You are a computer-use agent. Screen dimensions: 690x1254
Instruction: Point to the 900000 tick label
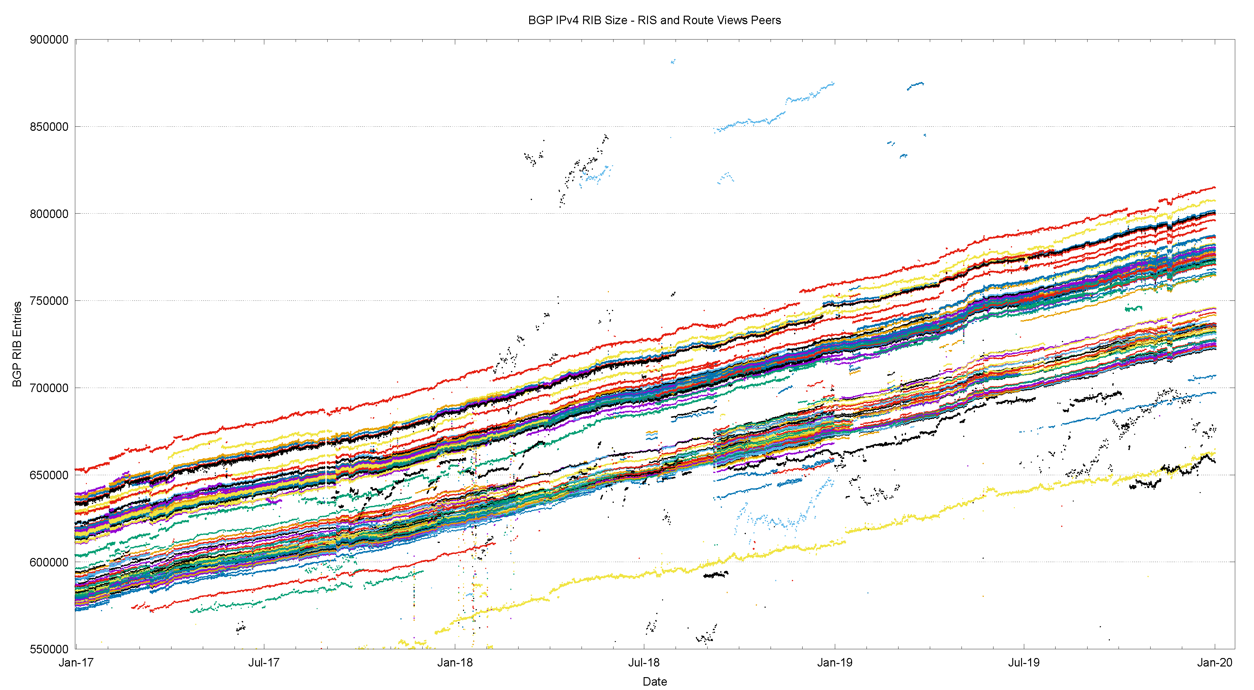(49, 40)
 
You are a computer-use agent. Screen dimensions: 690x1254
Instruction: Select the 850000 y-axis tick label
(49, 127)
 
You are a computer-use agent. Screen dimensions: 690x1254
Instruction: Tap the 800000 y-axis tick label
(49, 214)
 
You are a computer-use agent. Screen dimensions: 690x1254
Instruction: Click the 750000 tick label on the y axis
(49, 301)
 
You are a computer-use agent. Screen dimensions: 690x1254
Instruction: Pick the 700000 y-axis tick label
(49, 388)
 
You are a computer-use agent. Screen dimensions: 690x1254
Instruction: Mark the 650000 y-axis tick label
(49, 475)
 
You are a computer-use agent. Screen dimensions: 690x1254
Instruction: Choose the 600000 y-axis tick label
(49, 562)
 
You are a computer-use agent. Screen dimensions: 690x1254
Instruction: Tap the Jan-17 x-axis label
(76, 663)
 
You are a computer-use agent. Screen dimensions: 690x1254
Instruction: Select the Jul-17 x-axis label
(264, 663)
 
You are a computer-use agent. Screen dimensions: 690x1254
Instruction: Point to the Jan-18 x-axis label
(455, 663)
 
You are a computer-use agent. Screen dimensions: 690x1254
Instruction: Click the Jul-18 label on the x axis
(644, 663)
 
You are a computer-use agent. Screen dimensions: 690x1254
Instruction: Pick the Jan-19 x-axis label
(835, 663)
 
